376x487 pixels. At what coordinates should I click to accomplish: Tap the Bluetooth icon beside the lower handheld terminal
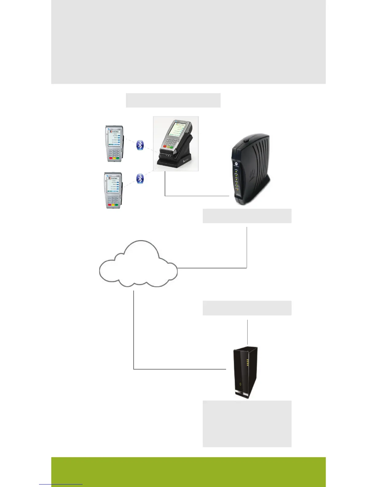pos(140,178)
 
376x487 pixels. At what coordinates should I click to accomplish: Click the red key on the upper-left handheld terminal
pos(110,158)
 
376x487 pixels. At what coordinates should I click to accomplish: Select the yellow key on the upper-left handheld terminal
pos(114,158)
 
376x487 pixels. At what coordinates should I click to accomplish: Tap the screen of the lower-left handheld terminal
pos(113,185)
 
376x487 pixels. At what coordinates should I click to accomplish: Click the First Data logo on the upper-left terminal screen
pos(114,132)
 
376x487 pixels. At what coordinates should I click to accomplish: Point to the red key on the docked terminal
pos(165,146)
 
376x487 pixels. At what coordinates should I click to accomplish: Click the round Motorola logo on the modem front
pos(236,164)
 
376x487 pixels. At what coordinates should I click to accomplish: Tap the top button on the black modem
pos(246,141)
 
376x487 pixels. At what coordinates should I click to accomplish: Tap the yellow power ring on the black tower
pos(241,384)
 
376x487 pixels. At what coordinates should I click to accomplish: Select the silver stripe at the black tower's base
pos(243,394)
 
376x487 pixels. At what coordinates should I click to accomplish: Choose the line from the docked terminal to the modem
pos(197,196)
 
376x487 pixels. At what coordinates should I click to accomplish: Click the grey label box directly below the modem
pos(247,216)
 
